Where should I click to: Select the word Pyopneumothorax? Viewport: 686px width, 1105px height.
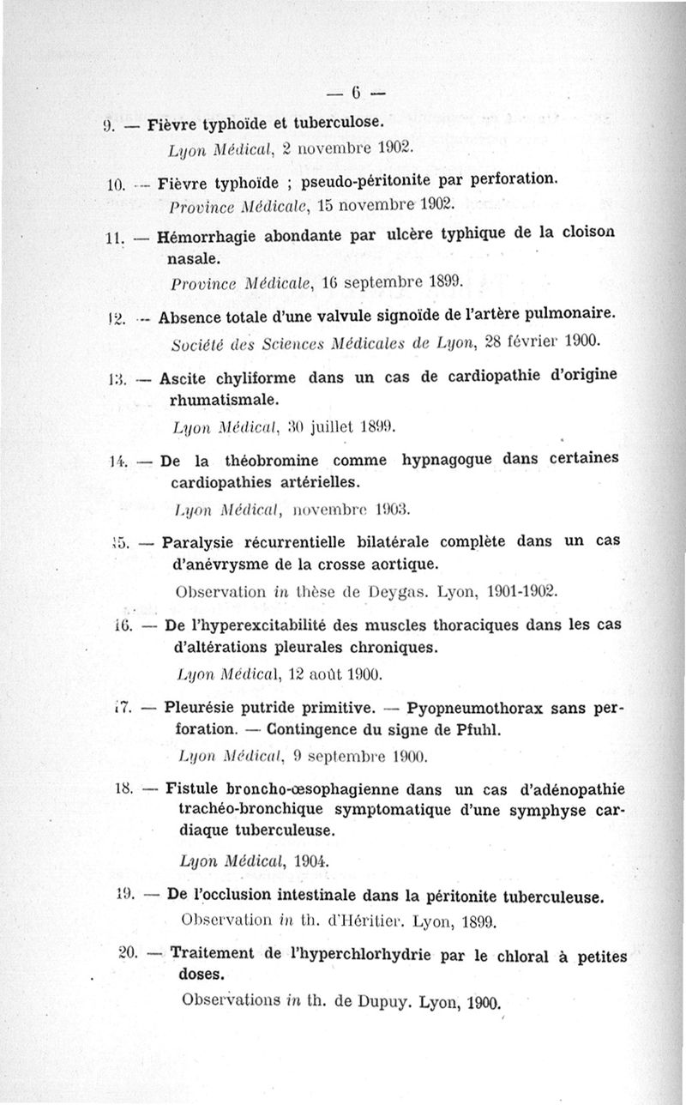[x=482, y=709]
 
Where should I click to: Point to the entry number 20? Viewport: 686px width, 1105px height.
[x=130, y=952]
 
